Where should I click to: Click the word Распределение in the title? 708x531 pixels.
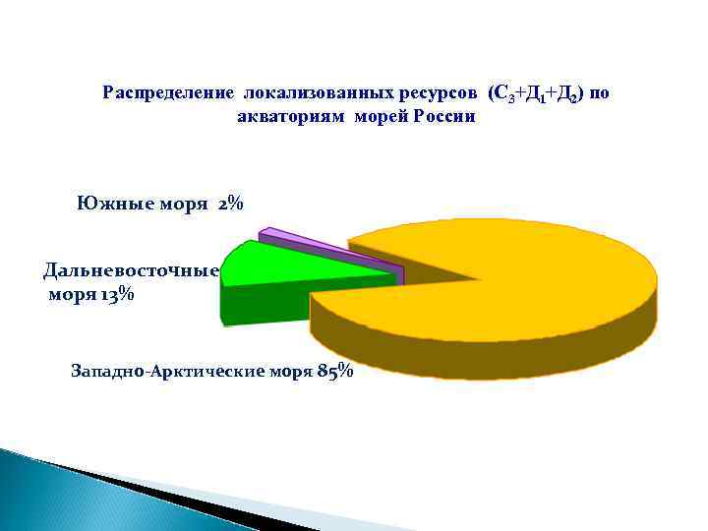[166, 93]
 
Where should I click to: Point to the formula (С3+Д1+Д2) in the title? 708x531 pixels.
[536, 93]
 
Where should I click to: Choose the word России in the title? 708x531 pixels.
[444, 116]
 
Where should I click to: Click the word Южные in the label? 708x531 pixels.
[110, 204]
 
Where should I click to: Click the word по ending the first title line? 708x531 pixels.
[600, 93]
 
